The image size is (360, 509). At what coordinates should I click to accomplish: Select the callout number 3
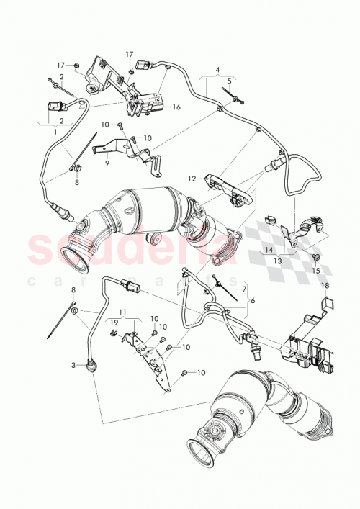tap(73, 366)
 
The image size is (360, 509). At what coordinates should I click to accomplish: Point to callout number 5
tap(229, 81)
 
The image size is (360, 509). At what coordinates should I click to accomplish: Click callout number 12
tap(192, 177)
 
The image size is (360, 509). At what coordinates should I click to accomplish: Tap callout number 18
tap(324, 286)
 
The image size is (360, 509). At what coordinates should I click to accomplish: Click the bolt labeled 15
tap(315, 257)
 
